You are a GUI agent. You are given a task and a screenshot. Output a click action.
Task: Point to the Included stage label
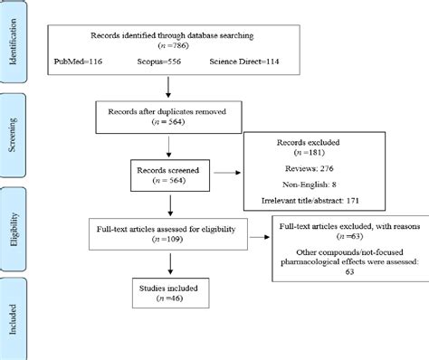coord(15,312)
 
